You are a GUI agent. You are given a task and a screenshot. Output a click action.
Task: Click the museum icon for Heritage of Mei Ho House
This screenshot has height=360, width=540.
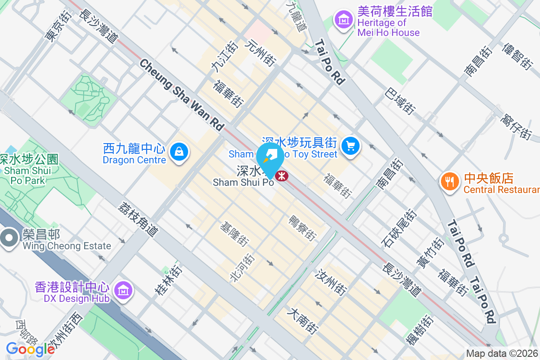pos(343,20)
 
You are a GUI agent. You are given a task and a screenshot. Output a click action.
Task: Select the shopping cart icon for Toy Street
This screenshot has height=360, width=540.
pos(350,146)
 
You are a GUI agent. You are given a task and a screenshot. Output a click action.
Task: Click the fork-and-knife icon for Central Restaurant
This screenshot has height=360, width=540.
pos(449,181)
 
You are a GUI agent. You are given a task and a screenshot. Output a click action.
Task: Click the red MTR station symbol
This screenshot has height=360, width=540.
pos(282,175)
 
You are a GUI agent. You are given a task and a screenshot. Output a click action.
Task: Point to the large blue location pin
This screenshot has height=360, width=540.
pos(270,158)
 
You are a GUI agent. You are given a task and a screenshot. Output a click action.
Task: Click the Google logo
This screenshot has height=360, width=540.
pos(30,349)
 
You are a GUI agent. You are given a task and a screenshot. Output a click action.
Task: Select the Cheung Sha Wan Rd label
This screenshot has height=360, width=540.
pos(182,95)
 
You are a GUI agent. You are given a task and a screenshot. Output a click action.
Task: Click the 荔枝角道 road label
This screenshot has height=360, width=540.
pos(139,219)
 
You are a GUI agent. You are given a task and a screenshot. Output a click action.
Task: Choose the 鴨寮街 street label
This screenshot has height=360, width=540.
pos(302,228)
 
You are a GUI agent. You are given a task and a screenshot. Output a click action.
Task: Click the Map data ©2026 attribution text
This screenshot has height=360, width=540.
pos(502,354)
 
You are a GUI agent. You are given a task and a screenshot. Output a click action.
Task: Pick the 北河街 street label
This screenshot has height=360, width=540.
pos(243,267)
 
